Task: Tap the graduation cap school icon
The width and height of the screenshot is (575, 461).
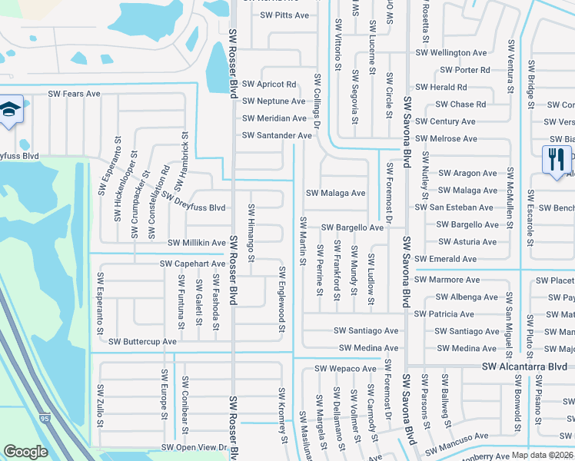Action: click(x=11, y=108)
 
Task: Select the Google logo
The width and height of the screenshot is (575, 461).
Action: click(x=26, y=452)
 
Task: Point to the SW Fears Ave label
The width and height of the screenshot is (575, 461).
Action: click(x=75, y=94)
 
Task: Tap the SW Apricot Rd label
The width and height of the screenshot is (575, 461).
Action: click(x=269, y=84)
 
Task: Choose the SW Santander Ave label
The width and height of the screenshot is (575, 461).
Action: click(x=277, y=135)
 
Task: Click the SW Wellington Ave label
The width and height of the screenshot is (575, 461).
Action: click(x=451, y=53)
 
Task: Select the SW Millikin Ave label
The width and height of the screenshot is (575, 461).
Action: click(x=197, y=243)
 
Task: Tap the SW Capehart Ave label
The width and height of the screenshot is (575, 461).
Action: click(x=193, y=264)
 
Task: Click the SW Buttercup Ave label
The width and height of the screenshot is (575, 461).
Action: click(x=143, y=341)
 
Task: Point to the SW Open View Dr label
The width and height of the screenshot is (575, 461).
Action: click(x=195, y=447)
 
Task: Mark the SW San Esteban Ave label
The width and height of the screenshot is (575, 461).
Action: click(x=454, y=207)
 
